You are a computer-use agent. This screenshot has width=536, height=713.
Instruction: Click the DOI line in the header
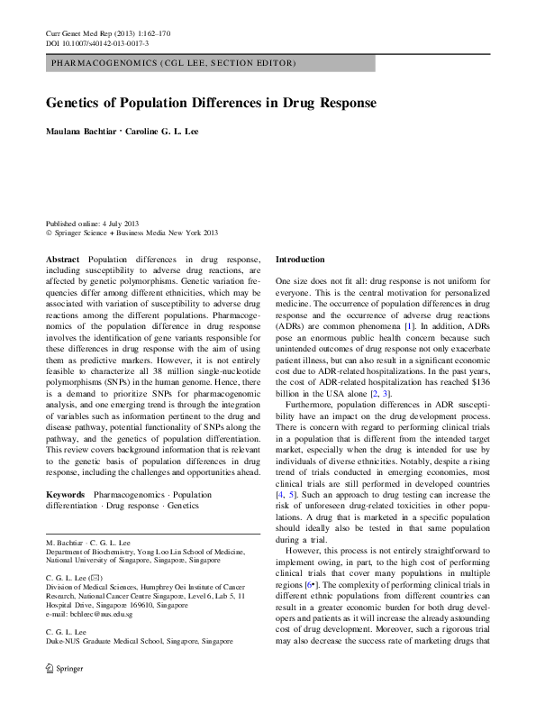[97, 43]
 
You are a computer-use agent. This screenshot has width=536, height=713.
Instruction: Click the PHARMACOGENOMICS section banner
[173, 64]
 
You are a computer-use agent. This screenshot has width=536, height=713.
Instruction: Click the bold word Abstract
[62, 260]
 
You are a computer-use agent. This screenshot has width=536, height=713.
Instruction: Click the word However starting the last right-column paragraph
[309, 550]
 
